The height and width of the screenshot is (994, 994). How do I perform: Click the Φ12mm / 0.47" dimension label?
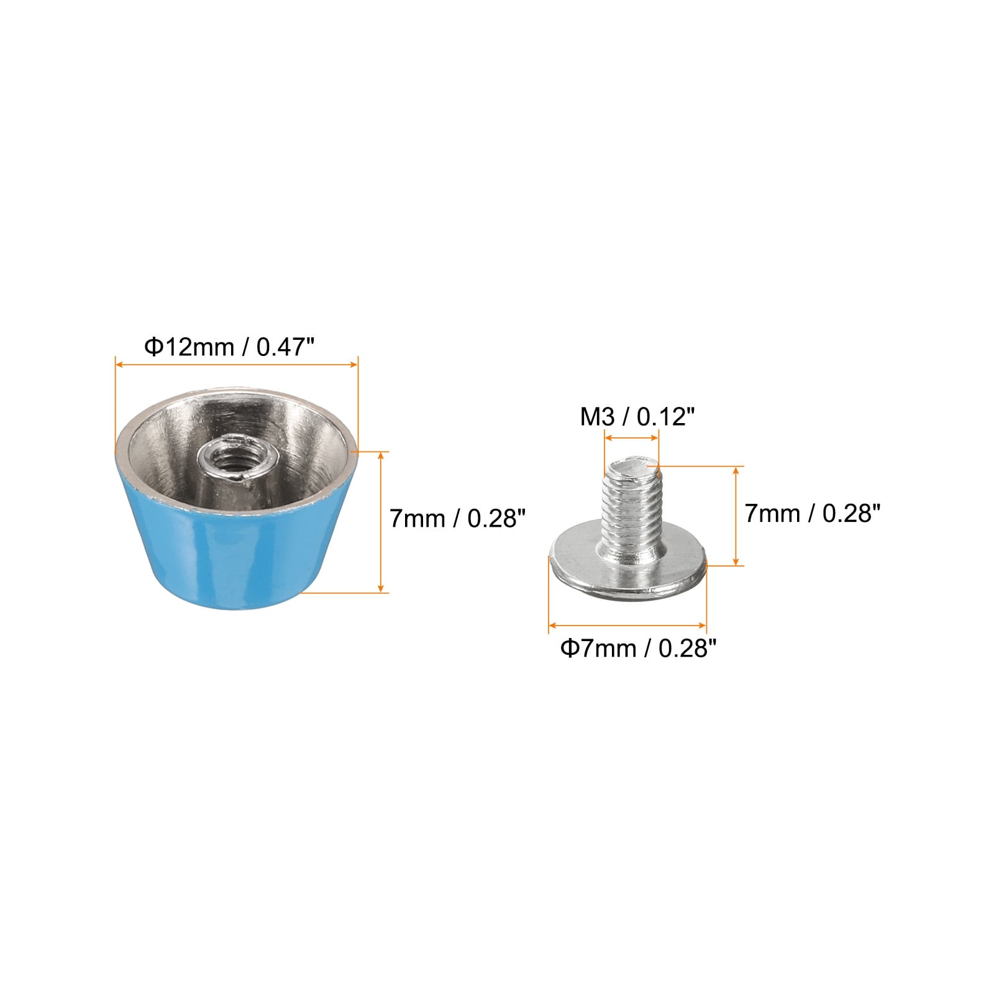click(x=234, y=347)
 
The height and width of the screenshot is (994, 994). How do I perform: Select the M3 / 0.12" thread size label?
click(x=636, y=417)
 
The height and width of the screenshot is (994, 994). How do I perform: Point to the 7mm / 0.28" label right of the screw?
click(x=813, y=514)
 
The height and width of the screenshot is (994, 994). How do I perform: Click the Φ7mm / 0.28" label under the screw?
click(x=639, y=649)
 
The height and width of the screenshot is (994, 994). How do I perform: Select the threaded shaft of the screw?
click(x=631, y=506)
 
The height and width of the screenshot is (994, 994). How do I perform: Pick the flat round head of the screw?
click(x=627, y=572)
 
